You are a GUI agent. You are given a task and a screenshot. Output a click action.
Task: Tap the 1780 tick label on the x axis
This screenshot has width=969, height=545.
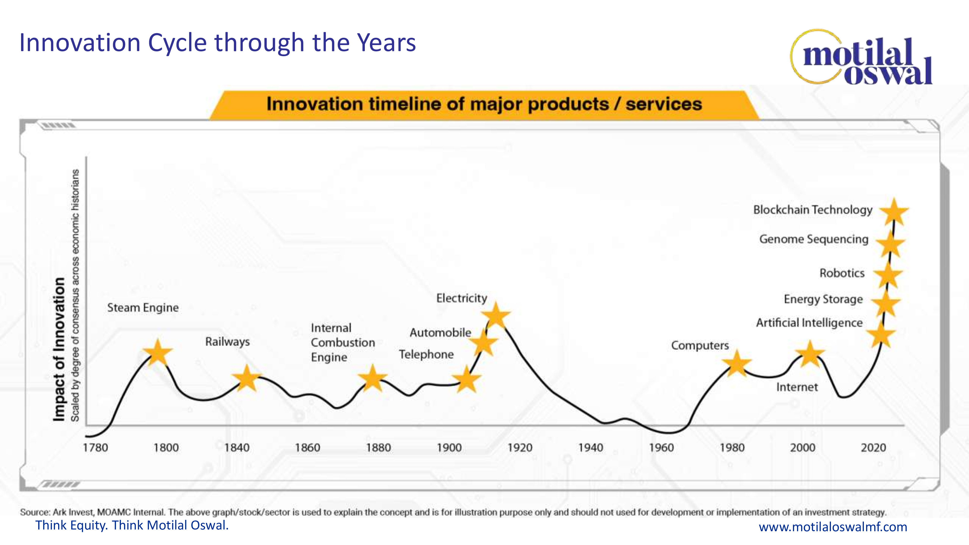[95, 448]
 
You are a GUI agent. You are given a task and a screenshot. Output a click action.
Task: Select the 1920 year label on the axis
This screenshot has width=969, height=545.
[520, 448]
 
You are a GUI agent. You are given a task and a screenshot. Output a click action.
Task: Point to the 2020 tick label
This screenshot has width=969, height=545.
[874, 448]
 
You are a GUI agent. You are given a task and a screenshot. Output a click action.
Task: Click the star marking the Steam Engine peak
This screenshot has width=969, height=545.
[158, 352]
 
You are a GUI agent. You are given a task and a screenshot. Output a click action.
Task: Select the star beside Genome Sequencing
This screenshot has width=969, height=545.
[890, 244]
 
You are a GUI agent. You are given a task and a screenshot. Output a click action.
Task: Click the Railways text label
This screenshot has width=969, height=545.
[227, 342]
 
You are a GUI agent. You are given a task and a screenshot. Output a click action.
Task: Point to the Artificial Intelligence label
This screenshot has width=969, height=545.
[809, 323]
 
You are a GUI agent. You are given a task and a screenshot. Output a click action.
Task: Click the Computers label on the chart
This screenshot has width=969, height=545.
[700, 345]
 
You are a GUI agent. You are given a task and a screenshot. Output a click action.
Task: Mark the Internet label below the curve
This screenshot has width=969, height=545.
[797, 387]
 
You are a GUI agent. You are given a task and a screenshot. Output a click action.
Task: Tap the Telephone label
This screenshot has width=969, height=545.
[426, 354]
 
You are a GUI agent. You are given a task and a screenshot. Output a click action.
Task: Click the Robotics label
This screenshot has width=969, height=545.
[842, 273]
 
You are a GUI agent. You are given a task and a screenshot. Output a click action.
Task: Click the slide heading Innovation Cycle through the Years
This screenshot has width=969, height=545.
[218, 42]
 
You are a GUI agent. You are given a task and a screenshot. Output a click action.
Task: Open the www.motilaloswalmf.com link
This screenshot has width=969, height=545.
[833, 527]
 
